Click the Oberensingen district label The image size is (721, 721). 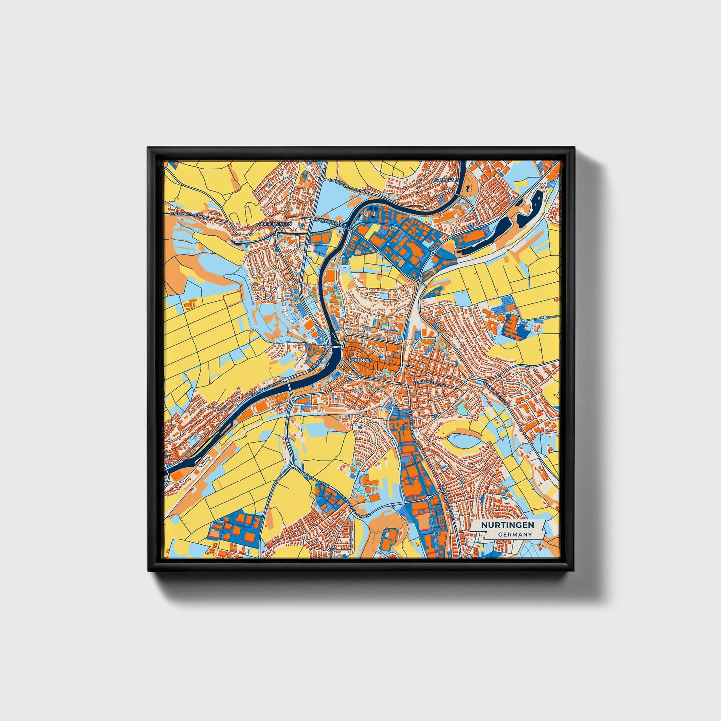point(275,224)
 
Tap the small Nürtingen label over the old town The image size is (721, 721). point(360,359)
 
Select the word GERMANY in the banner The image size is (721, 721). point(515,534)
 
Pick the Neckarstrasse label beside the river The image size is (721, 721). point(319,360)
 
